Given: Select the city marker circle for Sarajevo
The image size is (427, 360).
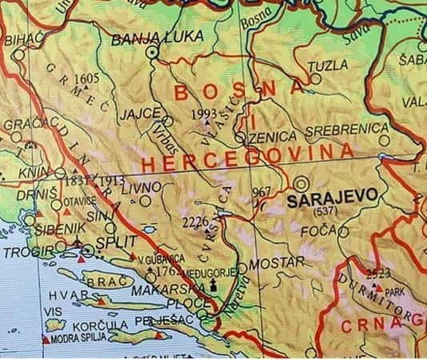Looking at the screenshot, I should click(x=301, y=182).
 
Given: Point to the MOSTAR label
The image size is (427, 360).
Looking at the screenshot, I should click(x=277, y=262).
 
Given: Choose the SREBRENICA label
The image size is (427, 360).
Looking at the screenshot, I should click(x=349, y=129).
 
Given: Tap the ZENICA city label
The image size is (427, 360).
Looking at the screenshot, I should click(x=273, y=138).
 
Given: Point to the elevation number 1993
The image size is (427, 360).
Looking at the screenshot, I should click(x=206, y=114).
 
